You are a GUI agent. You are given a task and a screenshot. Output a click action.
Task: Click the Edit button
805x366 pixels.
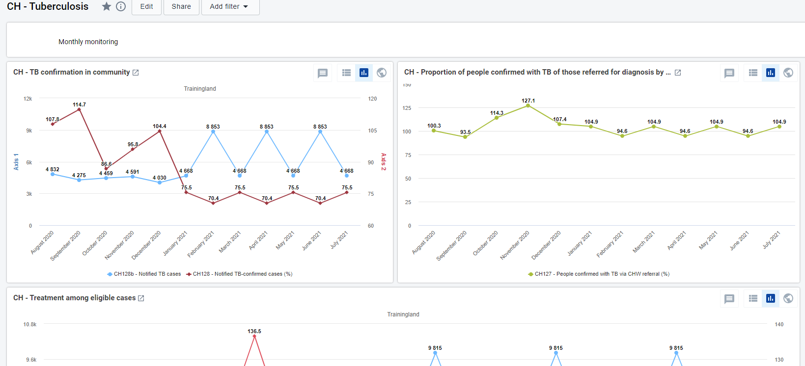pos(146,6)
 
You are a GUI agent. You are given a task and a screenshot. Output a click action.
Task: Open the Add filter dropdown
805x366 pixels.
pos(230,6)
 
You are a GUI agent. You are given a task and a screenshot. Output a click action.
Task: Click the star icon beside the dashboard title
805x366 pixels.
pos(107,6)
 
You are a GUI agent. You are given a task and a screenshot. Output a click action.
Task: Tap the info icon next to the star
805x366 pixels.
pos(121,6)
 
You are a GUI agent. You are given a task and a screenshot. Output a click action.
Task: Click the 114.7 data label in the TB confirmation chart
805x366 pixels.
pos(79,105)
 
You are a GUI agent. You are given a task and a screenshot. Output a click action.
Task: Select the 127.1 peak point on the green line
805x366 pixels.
pos(528,105)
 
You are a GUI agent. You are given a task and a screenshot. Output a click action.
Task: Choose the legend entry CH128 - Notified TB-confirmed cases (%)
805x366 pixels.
pos(239,274)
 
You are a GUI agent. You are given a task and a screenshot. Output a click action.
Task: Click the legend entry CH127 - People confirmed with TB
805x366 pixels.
pos(599,274)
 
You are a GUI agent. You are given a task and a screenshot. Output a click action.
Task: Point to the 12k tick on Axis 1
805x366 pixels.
pos(28,99)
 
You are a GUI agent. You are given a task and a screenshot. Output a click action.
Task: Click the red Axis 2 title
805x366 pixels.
pos(384,162)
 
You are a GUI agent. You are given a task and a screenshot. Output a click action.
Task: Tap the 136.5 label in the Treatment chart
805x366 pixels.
pos(254,331)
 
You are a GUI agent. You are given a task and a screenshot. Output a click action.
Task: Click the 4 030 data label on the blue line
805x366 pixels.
pos(160,178)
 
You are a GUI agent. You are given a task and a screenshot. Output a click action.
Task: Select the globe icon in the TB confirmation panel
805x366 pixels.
pos(382,73)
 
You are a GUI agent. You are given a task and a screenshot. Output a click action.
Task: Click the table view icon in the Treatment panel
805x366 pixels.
pos(753,299)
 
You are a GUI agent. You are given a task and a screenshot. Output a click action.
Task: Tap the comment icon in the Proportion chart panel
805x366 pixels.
pos(729,73)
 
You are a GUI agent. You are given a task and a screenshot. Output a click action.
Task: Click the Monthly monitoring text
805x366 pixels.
pos(88,42)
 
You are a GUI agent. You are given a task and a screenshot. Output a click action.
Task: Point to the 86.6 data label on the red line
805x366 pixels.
pos(107,164)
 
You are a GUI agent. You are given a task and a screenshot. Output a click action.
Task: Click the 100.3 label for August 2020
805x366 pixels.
pos(434,126)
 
